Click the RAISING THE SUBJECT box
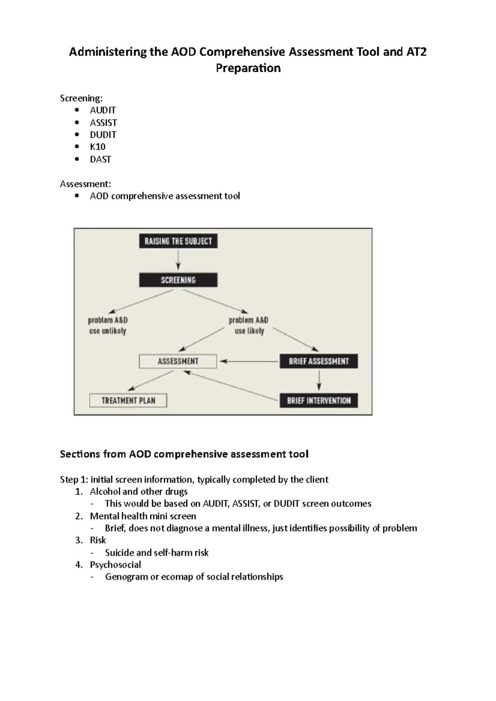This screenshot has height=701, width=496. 178,241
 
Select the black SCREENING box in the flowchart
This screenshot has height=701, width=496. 178,280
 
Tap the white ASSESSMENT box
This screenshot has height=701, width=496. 178,361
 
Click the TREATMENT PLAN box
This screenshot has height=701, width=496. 128,400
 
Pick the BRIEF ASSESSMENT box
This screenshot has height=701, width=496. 319,361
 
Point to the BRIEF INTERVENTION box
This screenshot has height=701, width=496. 319,400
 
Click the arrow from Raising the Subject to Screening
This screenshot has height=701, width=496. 178,261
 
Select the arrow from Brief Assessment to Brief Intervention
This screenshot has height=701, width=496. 319,380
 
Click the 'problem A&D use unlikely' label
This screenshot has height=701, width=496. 108,325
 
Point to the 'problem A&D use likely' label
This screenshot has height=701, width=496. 249,325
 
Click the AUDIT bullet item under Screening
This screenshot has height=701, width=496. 103,110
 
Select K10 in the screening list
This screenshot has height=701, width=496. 98,147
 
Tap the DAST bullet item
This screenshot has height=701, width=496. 100,159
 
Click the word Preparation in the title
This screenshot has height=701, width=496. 248,68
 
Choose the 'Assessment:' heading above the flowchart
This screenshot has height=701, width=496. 86,184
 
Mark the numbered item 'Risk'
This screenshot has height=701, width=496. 98,540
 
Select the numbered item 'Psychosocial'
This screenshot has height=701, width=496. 115,565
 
